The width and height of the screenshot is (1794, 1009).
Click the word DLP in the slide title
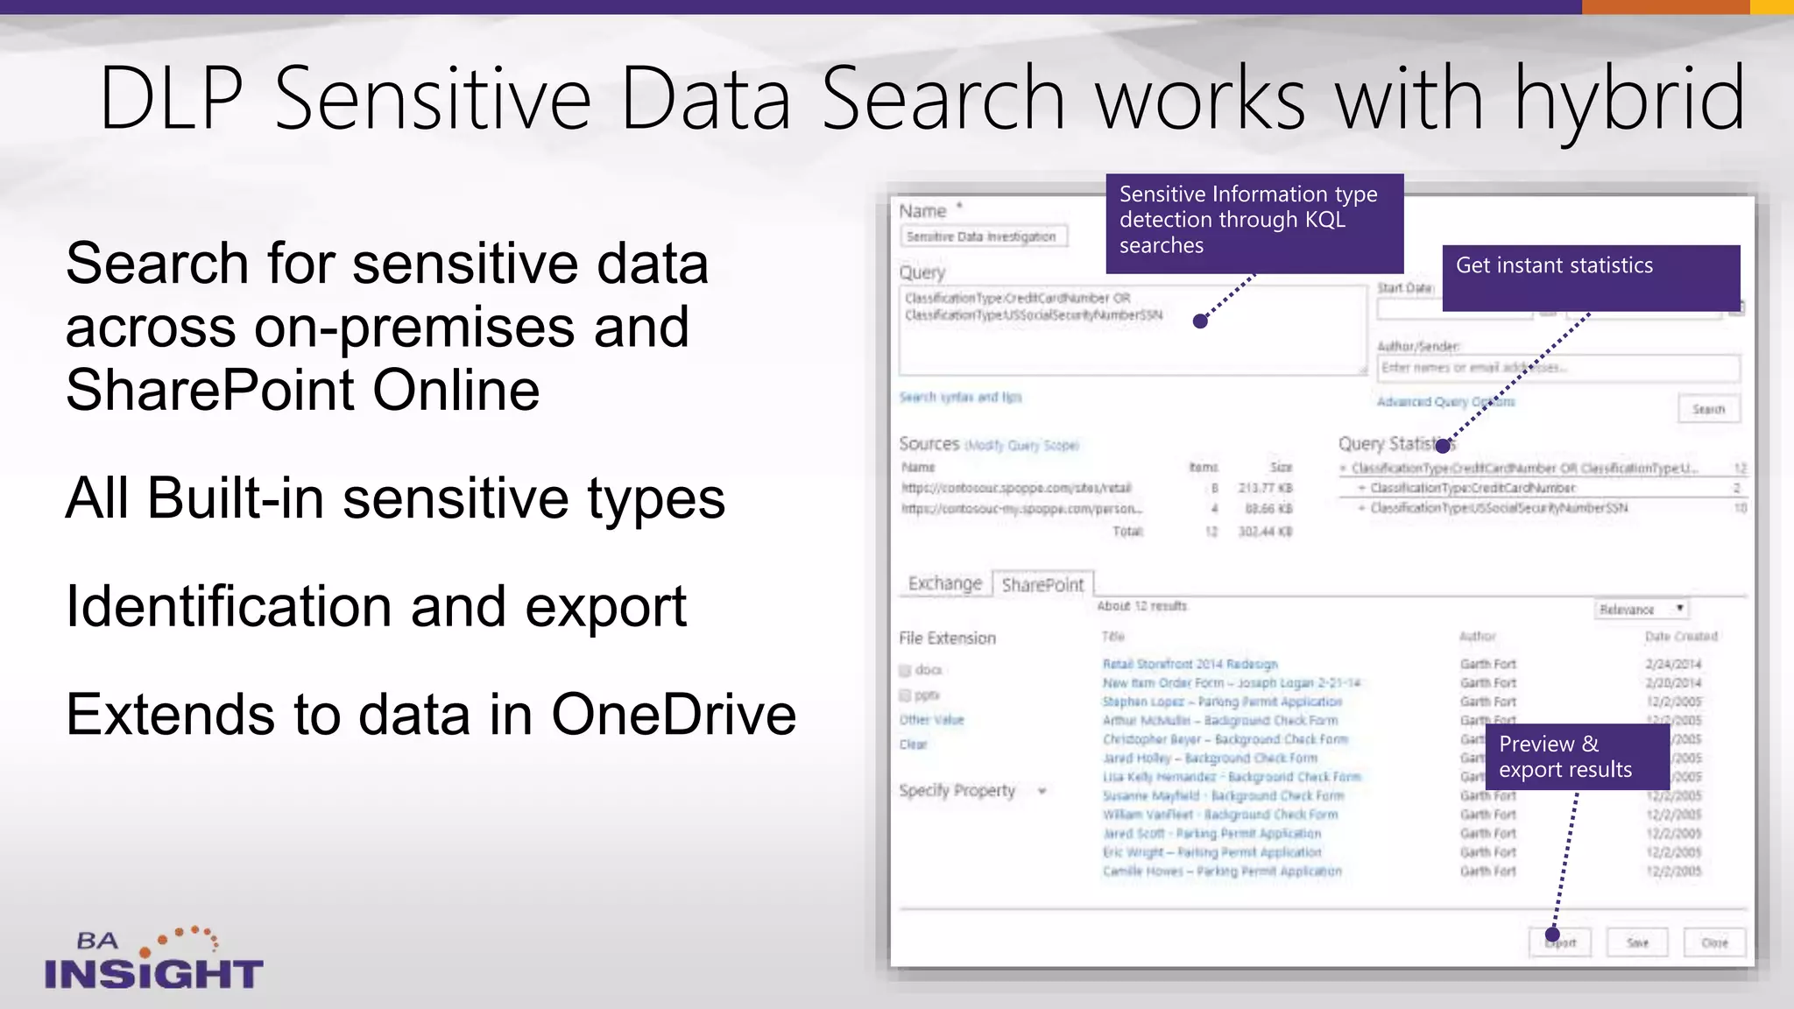pyautogui.click(x=172, y=99)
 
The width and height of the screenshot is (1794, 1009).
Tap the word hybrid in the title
pyautogui.click(x=1630, y=99)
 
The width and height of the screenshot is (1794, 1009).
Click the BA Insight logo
pyautogui.click(x=153, y=960)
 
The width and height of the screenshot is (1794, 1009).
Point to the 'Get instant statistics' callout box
pyautogui.click(x=1590, y=277)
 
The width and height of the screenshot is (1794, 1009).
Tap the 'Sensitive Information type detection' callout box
pyautogui.click(x=1254, y=222)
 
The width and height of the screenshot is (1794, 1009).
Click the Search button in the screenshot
pyautogui.click(x=1708, y=409)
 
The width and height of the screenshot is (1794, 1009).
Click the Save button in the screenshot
pyautogui.click(x=1637, y=943)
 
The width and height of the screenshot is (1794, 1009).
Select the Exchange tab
pyautogui.click(x=944, y=583)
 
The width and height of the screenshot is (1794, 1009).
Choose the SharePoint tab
pyautogui.click(x=1042, y=585)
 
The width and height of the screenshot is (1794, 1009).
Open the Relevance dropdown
pyautogui.click(x=1641, y=610)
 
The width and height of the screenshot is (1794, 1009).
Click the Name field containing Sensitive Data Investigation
pyautogui.click(x=983, y=236)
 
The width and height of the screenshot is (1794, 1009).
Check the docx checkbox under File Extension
pyautogui.click(x=906, y=671)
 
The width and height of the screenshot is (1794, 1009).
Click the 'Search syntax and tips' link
pyautogui.click(x=960, y=398)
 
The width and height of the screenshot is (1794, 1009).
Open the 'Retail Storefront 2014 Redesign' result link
pyautogui.click(x=1190, y=664)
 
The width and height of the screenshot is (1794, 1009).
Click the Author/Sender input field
pyautogui.click(x=1557, y=368)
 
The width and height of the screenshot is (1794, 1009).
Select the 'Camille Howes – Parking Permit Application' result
pyautogui.click(x=1221, y=871)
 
